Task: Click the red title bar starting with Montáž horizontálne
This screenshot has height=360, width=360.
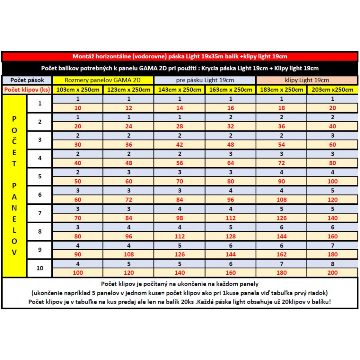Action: click(x=180, y=56)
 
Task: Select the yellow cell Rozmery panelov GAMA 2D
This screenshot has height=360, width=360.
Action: click(x=103, y=80)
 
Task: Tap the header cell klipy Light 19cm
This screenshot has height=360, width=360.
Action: click(x=306, y=80)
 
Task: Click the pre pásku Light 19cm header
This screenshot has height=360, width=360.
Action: click(x=205, y=80)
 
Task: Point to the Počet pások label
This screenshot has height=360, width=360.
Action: click(x=27, y=80)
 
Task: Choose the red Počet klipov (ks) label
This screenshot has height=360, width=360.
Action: click(x=27, y=90)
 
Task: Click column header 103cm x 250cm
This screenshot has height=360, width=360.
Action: click(x=78, y=90)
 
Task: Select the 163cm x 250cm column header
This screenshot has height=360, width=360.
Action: click(x=230, y=90)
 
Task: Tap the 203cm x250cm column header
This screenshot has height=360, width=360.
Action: click(x=332, y=90)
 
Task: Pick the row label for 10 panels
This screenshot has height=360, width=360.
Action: click(x=40, y=268)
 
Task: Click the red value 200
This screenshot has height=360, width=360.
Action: click(x=332, y=273)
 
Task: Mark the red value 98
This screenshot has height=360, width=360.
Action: click(x=180, y=218)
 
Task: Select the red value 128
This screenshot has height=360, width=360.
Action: click(x=230, y=236)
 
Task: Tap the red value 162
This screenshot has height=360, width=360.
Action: click(x=281, y=254)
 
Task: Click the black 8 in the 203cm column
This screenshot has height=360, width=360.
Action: click(x=332, y=264)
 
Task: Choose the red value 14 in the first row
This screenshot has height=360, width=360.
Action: click(x=180, y=108)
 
